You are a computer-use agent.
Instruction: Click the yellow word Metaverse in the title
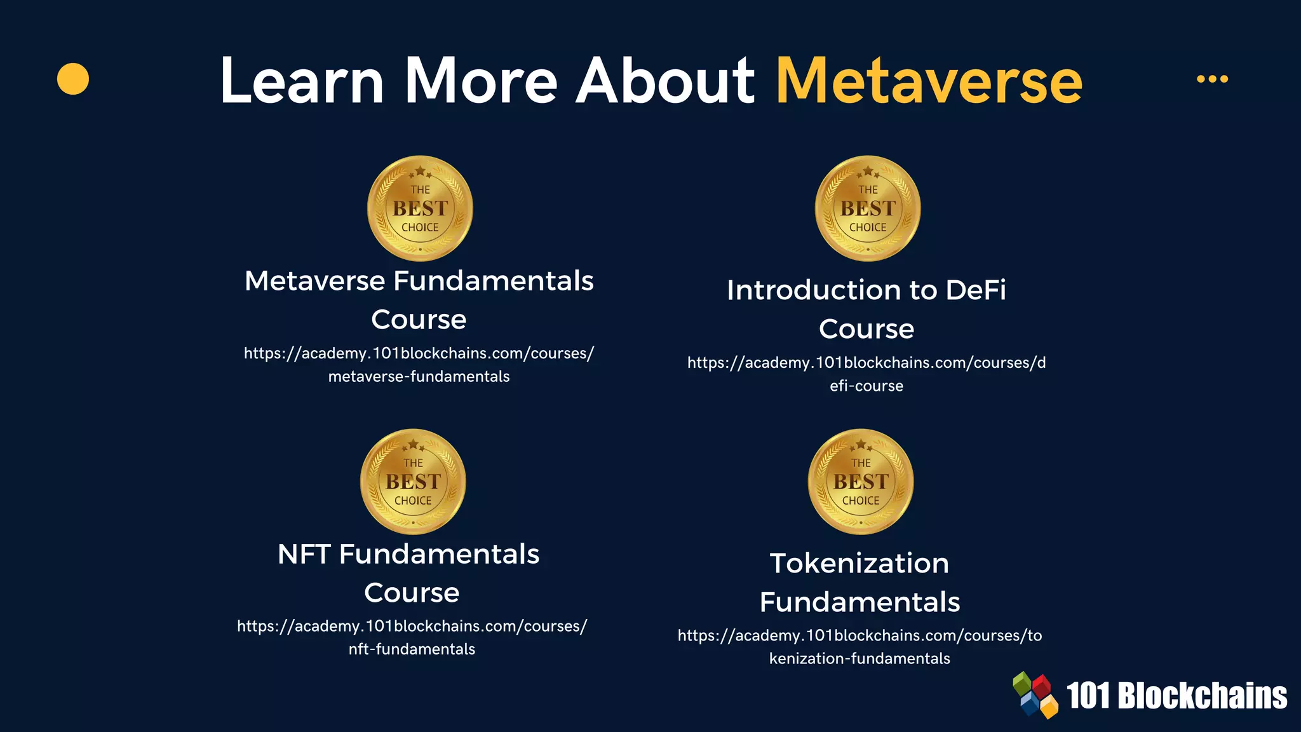tap(929, 81)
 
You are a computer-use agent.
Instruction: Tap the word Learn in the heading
tap(302, 81)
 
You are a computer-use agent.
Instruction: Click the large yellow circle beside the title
tap(73, 79)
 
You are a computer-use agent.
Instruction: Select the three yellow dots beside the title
tap(1212, 79)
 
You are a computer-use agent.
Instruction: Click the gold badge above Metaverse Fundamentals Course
tap(420, 208)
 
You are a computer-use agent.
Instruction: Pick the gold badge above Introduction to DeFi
tap(868, 208)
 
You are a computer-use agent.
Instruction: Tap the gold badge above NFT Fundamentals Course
tap(413, 482)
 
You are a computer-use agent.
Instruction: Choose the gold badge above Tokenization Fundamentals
tap(861, 482)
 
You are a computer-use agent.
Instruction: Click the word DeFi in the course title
tap(976, 290)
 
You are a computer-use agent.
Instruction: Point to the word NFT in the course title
tap(304, 554)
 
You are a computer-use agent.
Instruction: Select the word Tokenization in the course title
tap(859, 564)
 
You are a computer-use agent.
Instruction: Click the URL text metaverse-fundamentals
tap(419, 377)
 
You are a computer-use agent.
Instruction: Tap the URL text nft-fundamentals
tap(412, 649)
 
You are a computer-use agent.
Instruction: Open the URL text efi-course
tap(866, 386)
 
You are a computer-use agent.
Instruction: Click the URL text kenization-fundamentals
tap(859, 659)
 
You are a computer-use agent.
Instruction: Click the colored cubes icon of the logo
tap(1035, 695)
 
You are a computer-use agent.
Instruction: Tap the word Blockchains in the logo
tap(1202, 696)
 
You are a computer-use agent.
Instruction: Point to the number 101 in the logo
tap(1088, 696)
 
